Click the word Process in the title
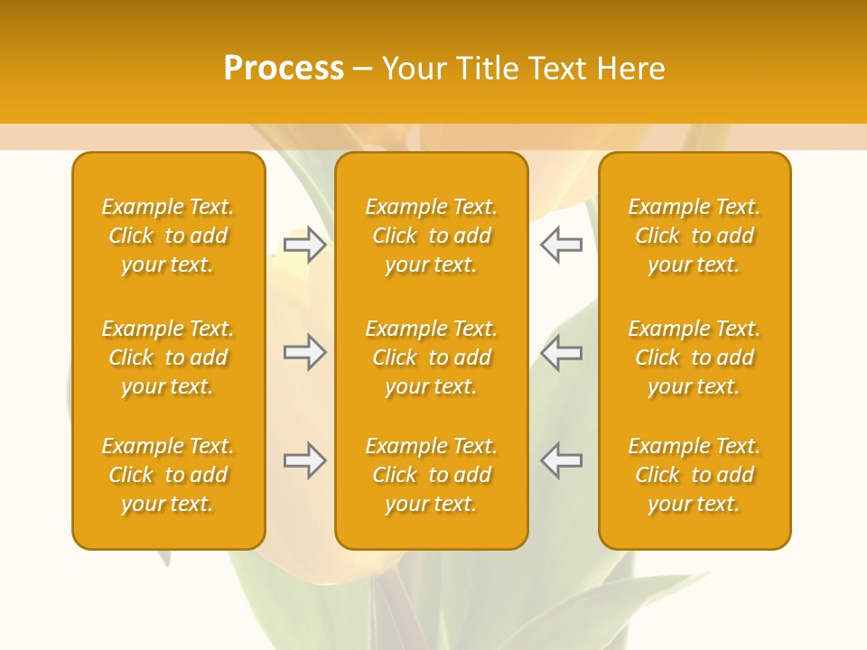pyautogui.click(x=284, y=69)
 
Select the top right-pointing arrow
pyautogui.click(x=305, y=245)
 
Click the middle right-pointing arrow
pyautogui.click(x=305, y=352)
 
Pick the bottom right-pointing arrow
pyautogui.click(x=305, y=460)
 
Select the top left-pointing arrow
pyautogui.click(x=562, y=245)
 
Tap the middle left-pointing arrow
pyautogui.click(x=562, y=352)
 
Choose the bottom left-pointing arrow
pyautogui.click(x=562, y=460)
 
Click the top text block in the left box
pyautogui.click(x=168, y=236)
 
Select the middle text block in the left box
pyautogui.click(x=168, y=357)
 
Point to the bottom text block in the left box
pyautogui.click(x=168, y=475)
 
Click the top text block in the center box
pyautogui.click(x=432, y=236)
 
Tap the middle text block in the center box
pyautogui.click(x=432, y=357)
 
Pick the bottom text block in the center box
pyautogui.click(x=432, y=475)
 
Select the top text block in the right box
pyautogui.click(x=695, y=236)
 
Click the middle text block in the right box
pyautogui.click(x=695, y=357)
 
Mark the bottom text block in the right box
pyautogui.click(x=695, y=475)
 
